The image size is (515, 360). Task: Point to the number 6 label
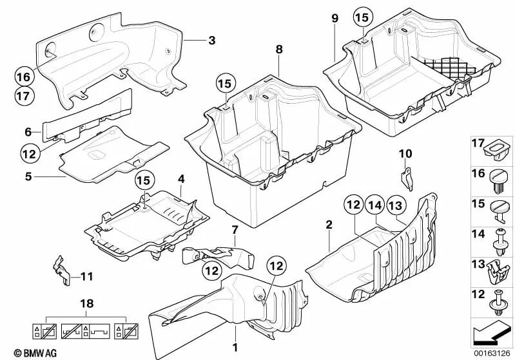pyautogui.click(x=28, y=131)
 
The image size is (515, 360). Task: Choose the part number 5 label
pyautogui.click(x=28, y=174)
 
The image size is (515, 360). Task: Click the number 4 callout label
pyautogui.click(x=181, y=178)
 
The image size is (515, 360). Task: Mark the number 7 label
pyautogui.click(x=235, y=230)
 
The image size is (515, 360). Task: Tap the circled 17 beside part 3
pyautogui.click(x=22, y=95)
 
